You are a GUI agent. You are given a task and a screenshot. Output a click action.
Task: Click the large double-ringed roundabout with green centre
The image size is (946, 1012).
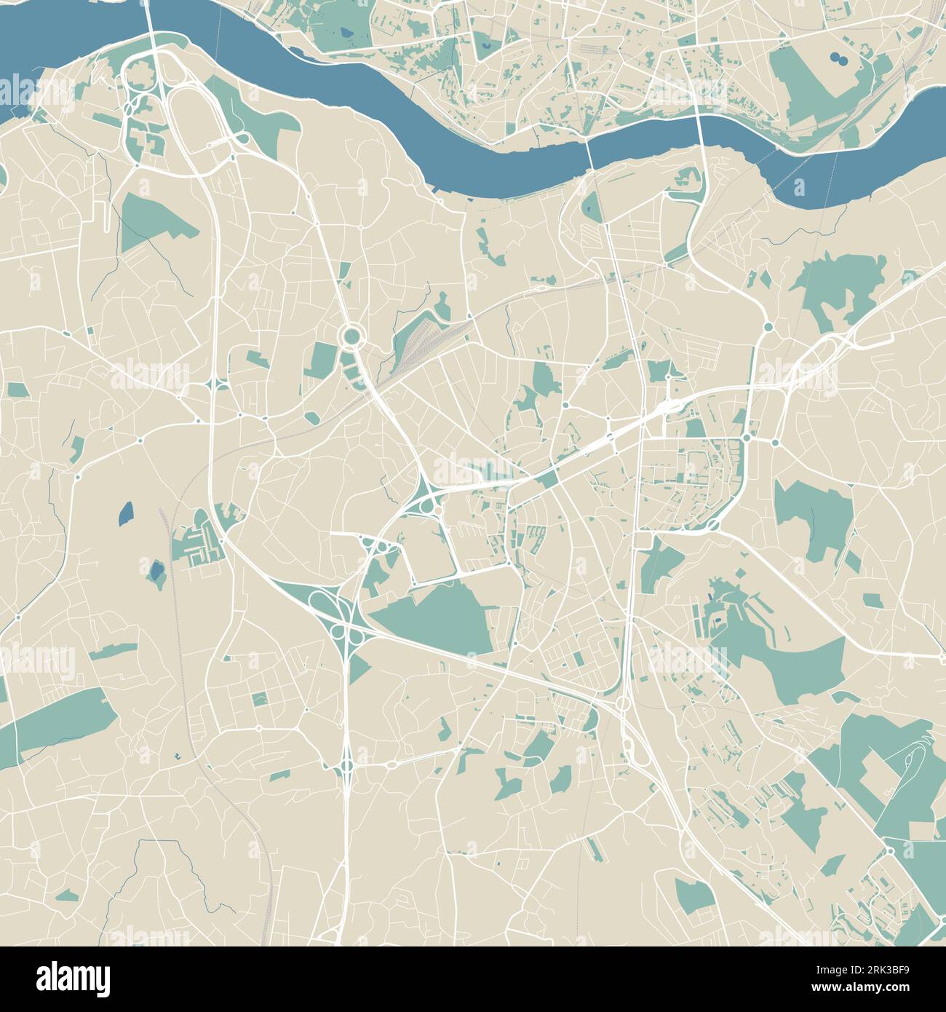352,336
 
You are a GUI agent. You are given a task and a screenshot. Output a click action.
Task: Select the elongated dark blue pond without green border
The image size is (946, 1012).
126,514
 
